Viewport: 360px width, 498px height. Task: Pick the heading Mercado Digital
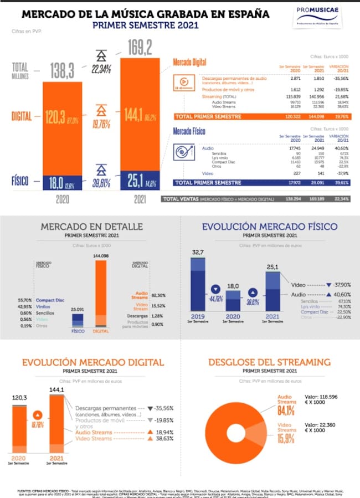[189, 62]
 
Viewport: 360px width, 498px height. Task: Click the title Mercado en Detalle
[92, 227]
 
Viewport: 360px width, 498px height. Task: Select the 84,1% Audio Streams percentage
[286, 410]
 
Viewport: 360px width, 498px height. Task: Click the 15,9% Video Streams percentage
[286, 439]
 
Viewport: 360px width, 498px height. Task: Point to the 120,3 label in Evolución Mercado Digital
[20, 398]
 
